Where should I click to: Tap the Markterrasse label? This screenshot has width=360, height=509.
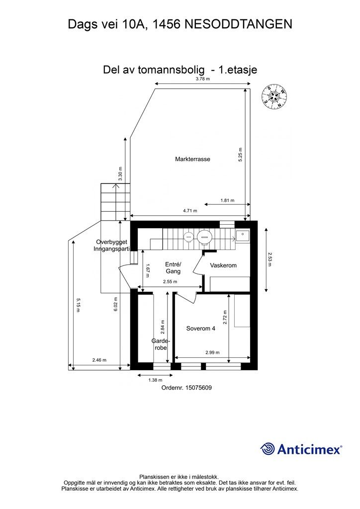pos(192,160)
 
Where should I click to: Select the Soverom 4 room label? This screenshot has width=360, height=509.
pos(200,328)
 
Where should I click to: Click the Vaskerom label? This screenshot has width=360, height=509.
pos(223,265)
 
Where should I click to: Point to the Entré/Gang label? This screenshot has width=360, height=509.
pos(173,268)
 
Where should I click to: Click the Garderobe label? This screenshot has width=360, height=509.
pos(161,344)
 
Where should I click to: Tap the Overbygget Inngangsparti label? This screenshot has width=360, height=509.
pos(112,246)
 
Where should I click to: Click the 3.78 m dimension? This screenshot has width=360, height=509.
pos(202,79)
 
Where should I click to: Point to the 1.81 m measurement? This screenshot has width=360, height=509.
pos(227,201)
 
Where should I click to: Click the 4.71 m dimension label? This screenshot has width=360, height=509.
pos(190,211)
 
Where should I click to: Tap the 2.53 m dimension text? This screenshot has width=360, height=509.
pos(270,259)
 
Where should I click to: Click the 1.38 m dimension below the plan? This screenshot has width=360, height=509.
pos(155,380)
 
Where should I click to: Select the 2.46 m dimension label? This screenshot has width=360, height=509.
pos(99,360)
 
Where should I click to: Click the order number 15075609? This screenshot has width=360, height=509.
pos(186,388)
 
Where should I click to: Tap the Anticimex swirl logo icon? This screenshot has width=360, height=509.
pos(268,448)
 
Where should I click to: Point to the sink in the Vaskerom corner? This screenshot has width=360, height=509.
pos(242,235)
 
